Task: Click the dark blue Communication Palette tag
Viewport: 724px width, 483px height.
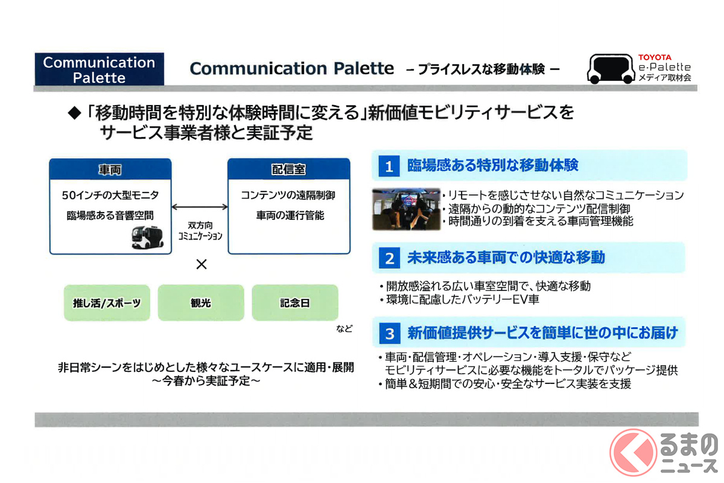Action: click(x=100, y=69)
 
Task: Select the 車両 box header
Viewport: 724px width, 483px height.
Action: click(x=110, y=170)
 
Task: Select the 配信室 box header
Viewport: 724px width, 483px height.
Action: click(x=288, y=170)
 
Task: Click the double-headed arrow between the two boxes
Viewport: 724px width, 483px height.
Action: click(x=199, y=207)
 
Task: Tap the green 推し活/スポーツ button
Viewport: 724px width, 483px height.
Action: click(x=107, y=303)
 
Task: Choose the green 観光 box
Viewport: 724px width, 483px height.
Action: click(x=201, y=303)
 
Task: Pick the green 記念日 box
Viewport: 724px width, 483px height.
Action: click(x=295, y=303)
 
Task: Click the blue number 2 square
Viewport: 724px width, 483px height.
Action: click(x=389, y=258)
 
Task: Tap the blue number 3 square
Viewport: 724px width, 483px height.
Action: click(x=389, y=333)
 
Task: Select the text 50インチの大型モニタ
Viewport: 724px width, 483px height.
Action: click(x=110, y=196)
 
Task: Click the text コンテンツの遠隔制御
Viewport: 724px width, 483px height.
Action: click(x=288, y=196)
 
